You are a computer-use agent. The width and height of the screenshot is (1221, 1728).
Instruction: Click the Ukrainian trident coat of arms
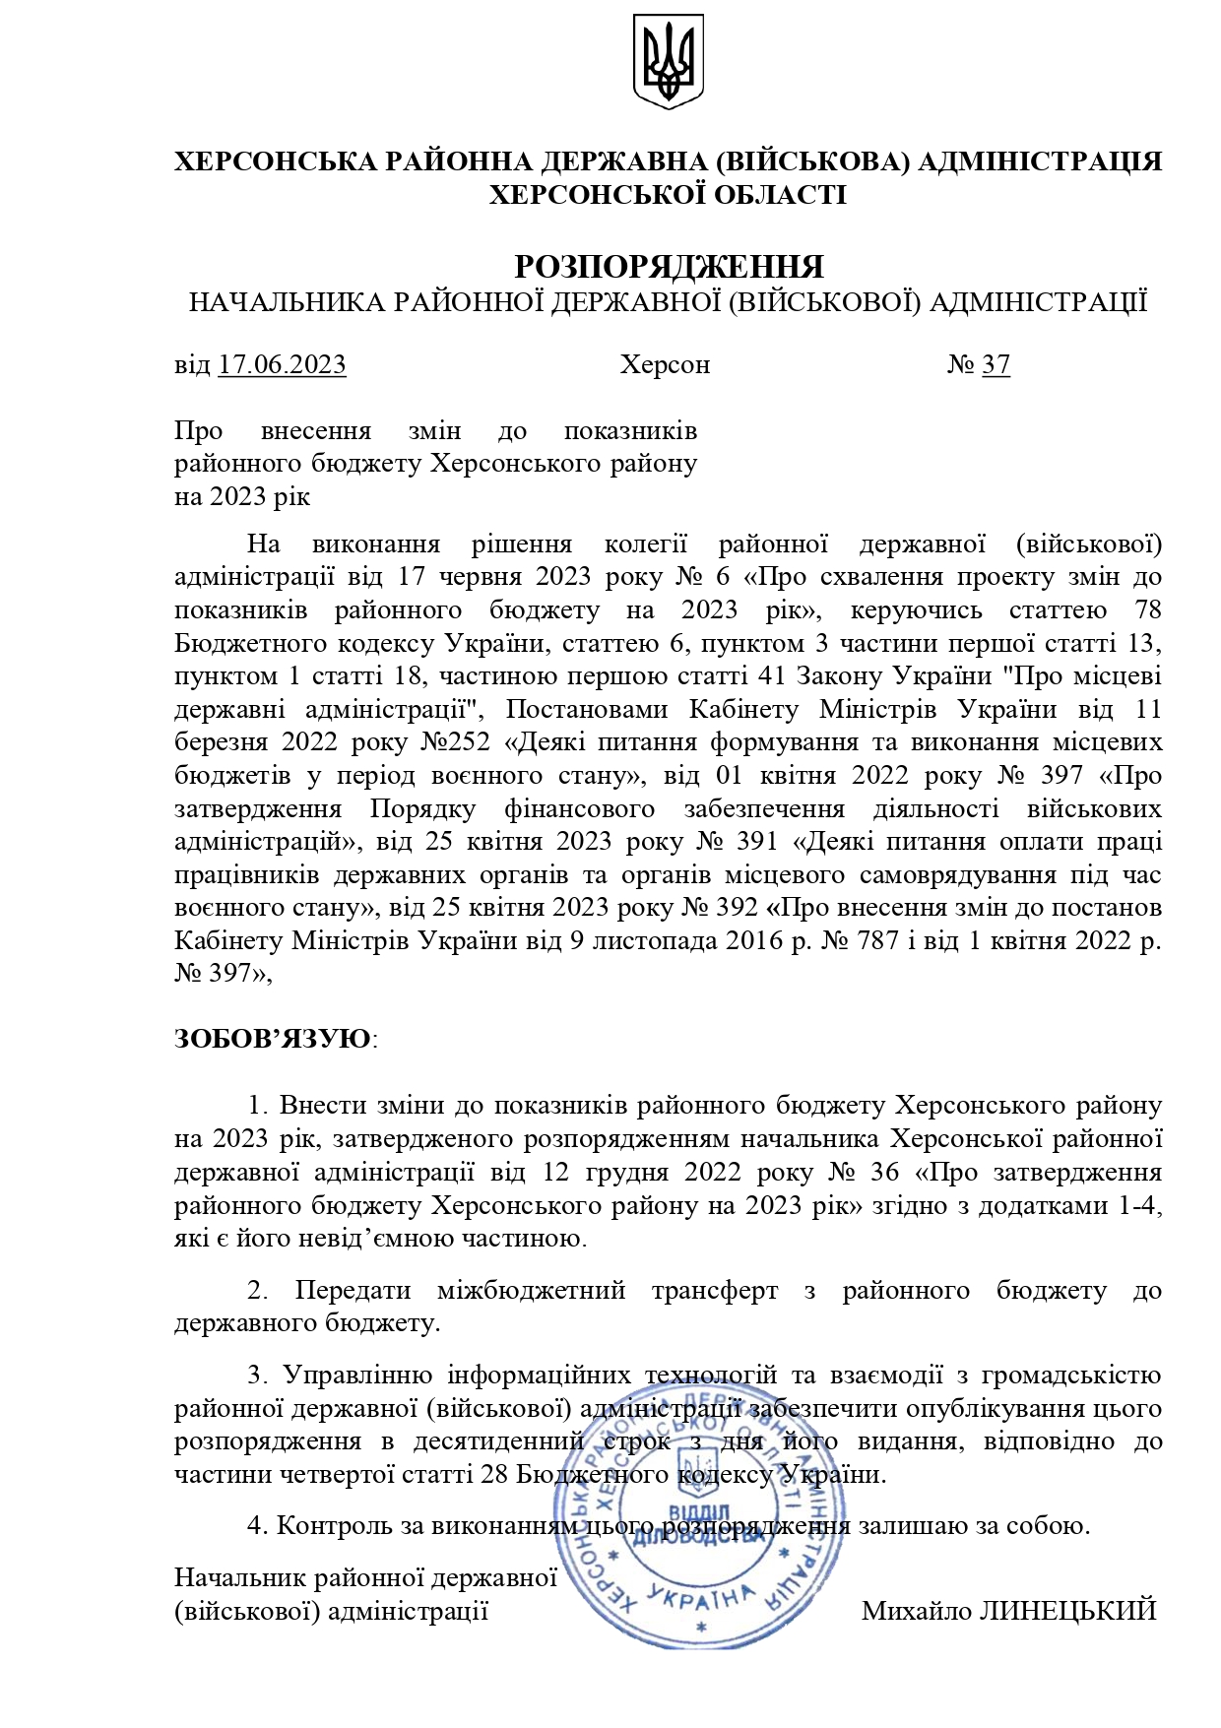[668, 60]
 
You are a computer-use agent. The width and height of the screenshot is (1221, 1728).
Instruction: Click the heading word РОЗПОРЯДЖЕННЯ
[669, 267]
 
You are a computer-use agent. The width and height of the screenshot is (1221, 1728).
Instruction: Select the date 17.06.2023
[282, 365]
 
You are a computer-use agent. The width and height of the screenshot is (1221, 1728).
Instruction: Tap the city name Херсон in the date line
[665, 365]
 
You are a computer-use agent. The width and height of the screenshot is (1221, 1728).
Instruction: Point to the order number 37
[996, 365]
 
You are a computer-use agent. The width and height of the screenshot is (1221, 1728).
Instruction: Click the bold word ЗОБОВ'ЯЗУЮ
[273, 1039]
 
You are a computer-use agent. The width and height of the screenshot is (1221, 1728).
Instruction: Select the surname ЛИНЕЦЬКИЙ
[1067, 1611]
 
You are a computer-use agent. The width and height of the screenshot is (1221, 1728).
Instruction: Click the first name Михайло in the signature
[917, 1611]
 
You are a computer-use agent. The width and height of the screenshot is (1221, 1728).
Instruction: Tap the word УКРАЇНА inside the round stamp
[701, 1599]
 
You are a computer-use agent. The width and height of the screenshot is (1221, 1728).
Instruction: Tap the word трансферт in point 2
[714, 1290]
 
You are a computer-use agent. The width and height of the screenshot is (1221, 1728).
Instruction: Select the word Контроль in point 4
[333, 1526]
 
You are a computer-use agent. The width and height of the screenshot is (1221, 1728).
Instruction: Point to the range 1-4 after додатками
[1140, 1205]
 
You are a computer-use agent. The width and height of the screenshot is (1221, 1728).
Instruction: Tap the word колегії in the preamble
[645, 544]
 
